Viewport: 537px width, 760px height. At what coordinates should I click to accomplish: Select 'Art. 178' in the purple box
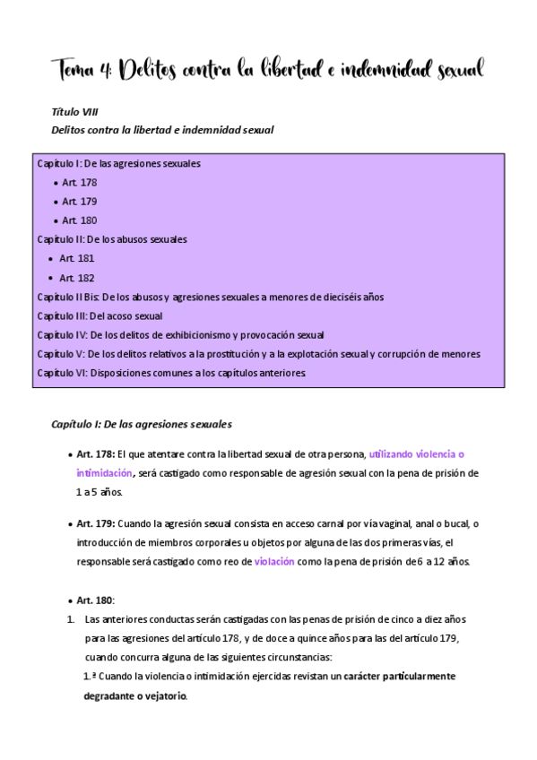(x=80, y=182)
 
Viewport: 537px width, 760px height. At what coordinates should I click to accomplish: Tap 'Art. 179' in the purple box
(x=80, y=201)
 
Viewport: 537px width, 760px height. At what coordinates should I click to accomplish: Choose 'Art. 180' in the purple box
(x=80, y=220)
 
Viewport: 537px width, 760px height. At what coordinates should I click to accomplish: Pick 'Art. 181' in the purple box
(x=77, y=258)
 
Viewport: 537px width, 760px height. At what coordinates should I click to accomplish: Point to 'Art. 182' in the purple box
(x=77, y=278)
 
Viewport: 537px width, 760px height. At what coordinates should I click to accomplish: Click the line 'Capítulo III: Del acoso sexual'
(x=100, y=315)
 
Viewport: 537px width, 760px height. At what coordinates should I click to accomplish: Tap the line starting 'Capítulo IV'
(x=180, y=335)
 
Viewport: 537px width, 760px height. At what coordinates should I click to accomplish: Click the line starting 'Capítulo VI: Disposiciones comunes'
(x=171, y=373)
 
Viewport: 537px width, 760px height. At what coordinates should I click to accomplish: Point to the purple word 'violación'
(x=274, y=562)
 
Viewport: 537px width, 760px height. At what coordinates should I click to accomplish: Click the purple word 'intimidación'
(x=104, y=472)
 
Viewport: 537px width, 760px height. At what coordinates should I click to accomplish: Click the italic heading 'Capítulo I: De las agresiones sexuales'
(x=142, y=422)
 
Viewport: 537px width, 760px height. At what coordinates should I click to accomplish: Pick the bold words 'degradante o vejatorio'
(x=135, y=696)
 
